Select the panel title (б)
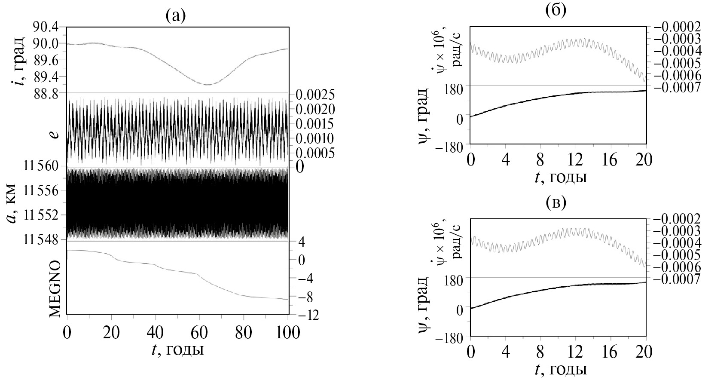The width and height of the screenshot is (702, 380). tap(555, 10)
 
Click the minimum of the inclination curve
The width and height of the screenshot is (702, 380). tap(207, 84)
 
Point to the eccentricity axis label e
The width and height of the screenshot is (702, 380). tap(54, 135)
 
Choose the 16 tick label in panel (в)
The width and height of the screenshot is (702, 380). tap(610, 352)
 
